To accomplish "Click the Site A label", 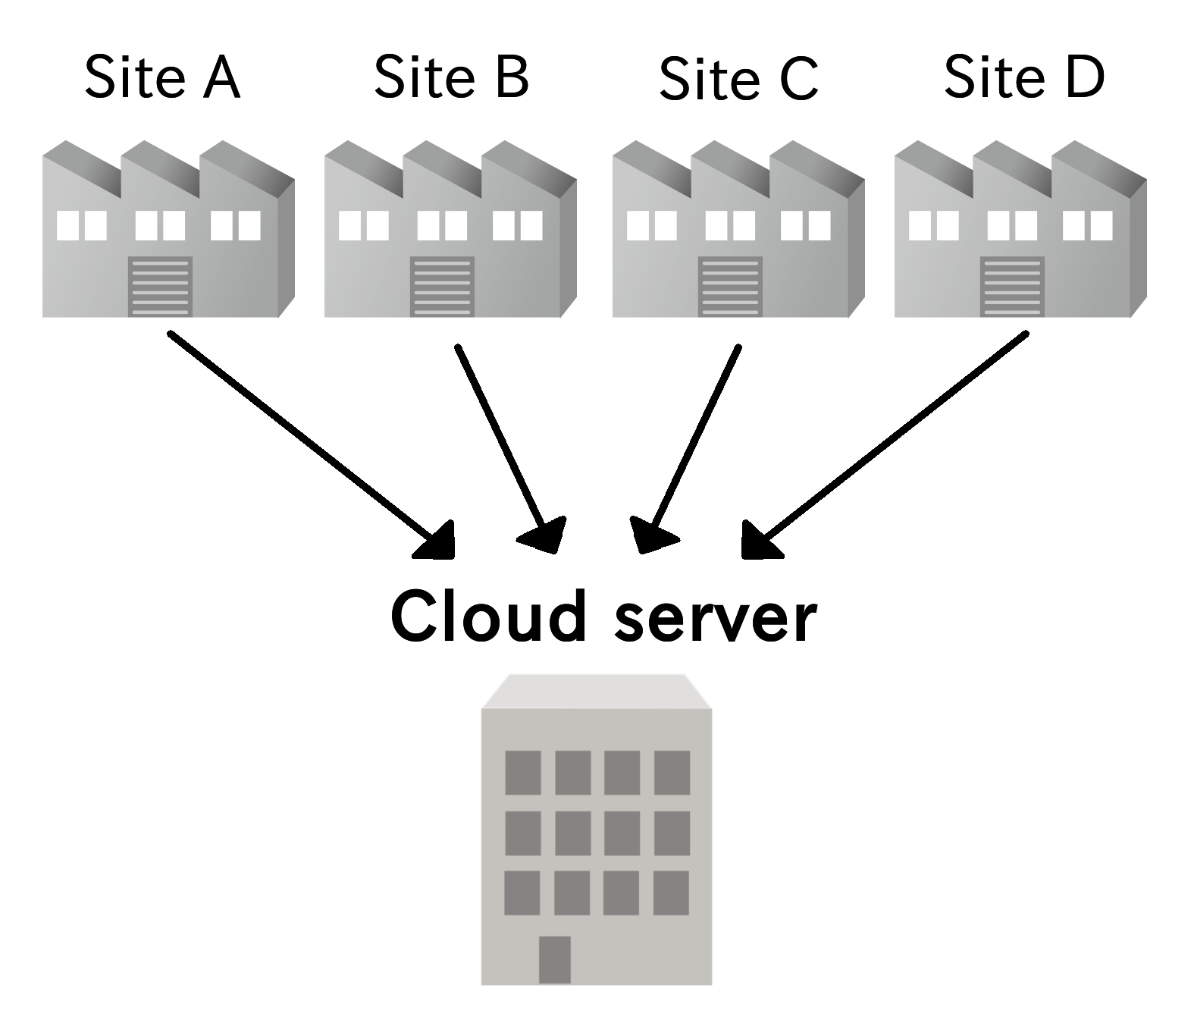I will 162,77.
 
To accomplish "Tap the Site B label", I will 451,77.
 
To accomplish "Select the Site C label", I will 738,79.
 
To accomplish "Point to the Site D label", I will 1024,77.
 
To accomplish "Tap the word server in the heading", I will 716,618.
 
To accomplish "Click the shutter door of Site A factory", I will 160,287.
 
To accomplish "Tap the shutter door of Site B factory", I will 442,287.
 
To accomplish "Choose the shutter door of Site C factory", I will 729,287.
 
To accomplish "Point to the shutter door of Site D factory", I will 1012,287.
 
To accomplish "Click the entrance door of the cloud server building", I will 555,959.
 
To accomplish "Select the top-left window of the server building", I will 523,772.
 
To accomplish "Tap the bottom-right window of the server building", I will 671,893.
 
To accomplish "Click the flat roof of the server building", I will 597,691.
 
